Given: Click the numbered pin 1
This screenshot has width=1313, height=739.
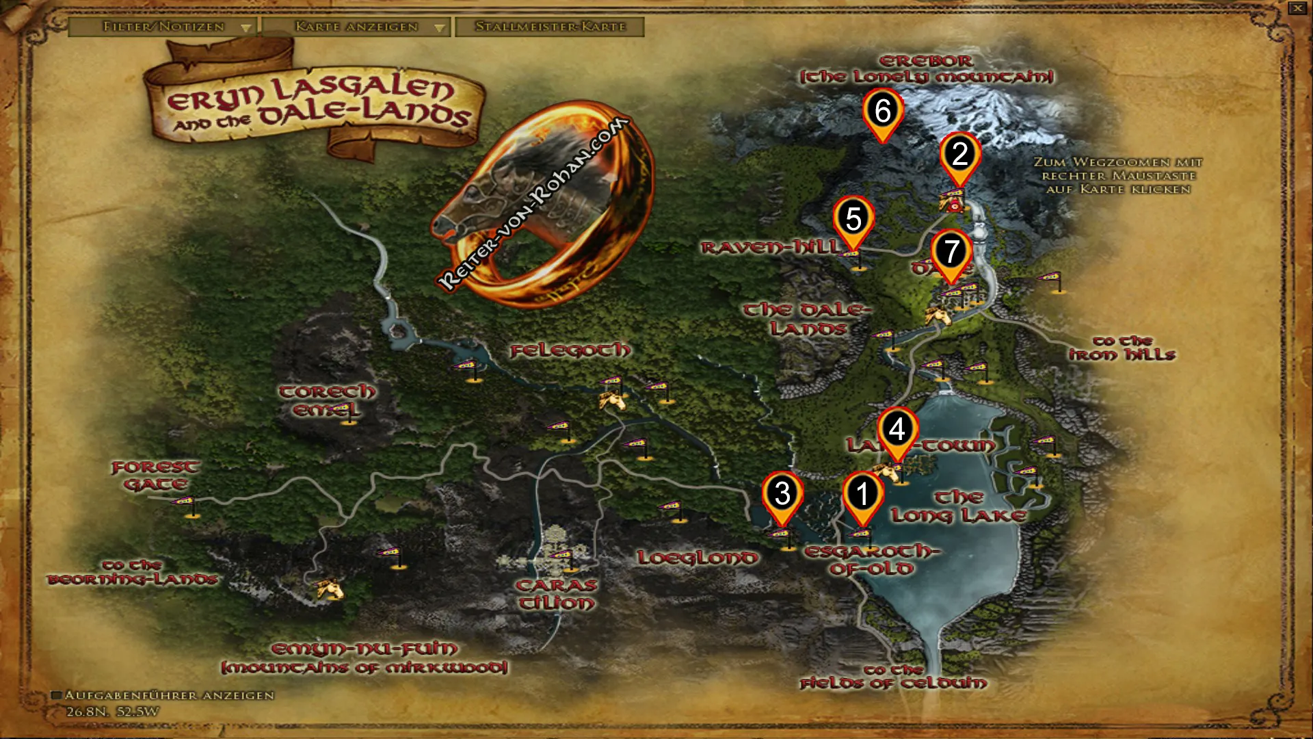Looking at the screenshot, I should point(862,494).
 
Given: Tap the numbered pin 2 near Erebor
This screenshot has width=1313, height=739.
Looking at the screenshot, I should point(959,155).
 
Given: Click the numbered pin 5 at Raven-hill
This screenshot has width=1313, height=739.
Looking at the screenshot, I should point(853,220).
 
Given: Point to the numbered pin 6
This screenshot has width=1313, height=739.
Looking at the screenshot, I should point(883,112).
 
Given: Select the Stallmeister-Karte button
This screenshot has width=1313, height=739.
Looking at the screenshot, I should point(550,27).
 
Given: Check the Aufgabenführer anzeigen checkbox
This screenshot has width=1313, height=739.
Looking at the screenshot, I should point(57,695).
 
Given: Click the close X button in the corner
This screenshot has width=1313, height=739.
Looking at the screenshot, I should point(1297,8).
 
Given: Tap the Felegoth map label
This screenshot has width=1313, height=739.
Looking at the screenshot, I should point(570,351).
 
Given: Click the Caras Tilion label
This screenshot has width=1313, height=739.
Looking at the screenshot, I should point(556,594).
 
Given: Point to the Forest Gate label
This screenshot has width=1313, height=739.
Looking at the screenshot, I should point(155,476).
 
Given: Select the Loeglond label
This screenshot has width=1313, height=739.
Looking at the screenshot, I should point(698,558).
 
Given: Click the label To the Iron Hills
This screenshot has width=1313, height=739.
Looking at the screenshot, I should point(1122,348).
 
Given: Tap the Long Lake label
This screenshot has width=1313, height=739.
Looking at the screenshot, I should point(959,506).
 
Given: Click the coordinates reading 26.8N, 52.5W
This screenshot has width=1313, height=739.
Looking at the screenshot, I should point(113,712).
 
